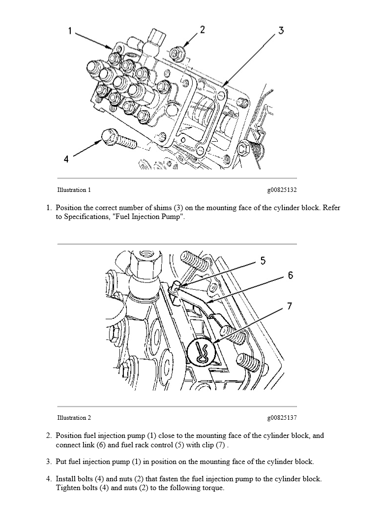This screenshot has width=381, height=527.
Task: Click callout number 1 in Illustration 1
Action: point(70,31)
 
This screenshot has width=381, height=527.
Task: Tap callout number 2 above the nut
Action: point(202,30)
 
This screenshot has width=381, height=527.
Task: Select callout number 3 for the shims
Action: point(281,31)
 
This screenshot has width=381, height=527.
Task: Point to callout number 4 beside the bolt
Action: point(66,158)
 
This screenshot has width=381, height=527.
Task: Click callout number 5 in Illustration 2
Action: point(263,260)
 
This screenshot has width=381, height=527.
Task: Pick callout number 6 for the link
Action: point(291,275)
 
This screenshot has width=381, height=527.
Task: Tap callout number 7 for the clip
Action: point(290,306)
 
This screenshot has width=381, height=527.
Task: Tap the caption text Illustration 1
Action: point(74,190)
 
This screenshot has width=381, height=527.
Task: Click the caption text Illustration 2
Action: point(74,418)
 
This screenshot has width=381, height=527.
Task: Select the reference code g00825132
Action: point(282,190)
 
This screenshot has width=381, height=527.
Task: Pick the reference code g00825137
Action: point(282,418)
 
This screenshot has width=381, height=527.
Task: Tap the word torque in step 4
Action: point(212,488)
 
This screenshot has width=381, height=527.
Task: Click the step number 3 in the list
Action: point(49,462)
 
